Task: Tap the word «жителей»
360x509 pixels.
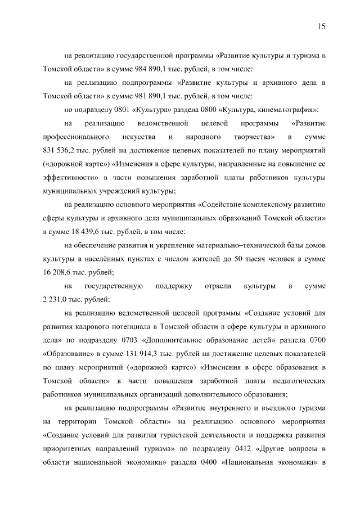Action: pos(193,258)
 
